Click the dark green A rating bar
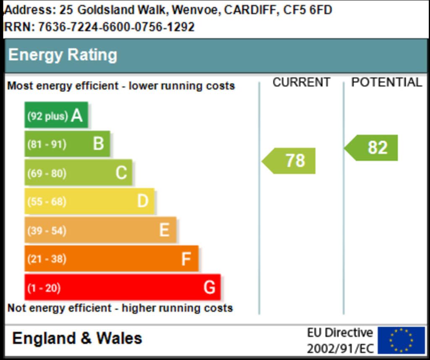point(56,115)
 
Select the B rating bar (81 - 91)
point(67,144)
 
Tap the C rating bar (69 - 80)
point(78,173)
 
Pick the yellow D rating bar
point(89,201)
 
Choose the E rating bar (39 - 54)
point(100,230)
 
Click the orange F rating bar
point(111,259)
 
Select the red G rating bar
point(122,287)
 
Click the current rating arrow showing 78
point(290,160)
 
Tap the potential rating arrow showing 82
point(372,147)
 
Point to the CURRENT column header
point(301,82)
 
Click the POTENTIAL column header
point(386,82)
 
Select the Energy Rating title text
point(63,55)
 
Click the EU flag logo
point(401,340)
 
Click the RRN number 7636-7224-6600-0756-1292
point(116,27)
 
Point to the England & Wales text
point(77,338)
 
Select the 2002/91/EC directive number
point(340,349)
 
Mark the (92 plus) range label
point(47,116)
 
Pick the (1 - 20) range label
point(44,288)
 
